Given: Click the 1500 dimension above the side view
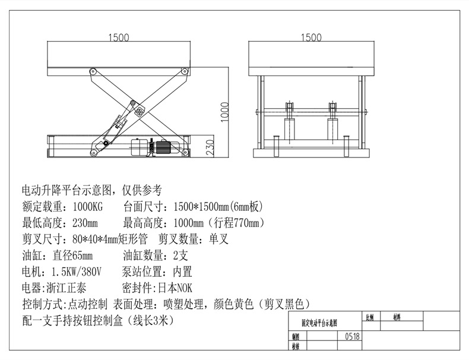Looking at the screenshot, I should (x=119, y=37).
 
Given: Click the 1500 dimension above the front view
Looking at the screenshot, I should (x=312, y=37).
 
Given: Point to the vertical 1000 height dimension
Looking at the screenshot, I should (x=224, y=111).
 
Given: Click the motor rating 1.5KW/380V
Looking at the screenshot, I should (x=77, y=272).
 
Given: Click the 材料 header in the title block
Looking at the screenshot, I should (x=396, y=317).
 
